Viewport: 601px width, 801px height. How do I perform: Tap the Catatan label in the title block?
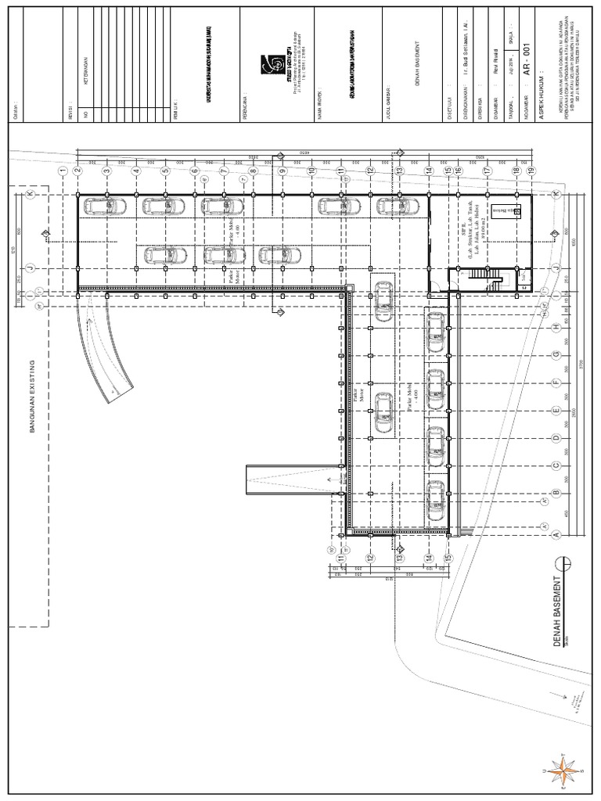15,110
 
